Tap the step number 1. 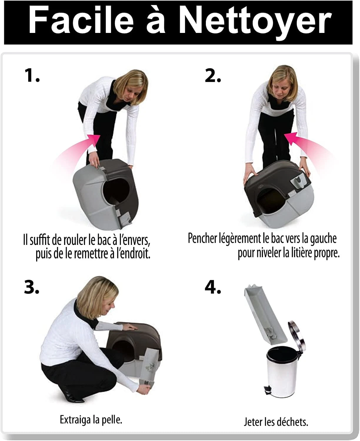point(32,75)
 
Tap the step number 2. point(213,75)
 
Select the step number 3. point(31,287)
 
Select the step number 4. point(213,287)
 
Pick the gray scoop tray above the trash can point(265,314)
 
